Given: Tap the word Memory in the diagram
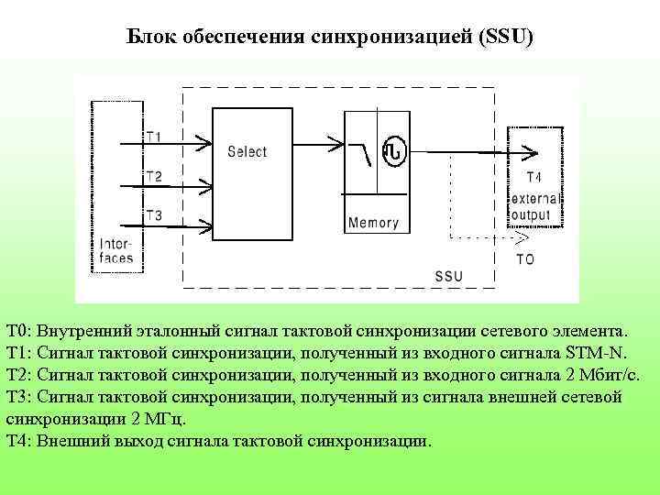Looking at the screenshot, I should pos(373,223).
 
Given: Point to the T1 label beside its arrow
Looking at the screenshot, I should pos(154,137).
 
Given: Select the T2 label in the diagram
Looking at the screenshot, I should pos(154,176).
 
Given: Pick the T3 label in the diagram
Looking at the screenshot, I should pos(154,215).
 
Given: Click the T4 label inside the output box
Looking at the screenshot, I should pos(533,177).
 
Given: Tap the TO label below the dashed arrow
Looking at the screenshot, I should pos(525,259).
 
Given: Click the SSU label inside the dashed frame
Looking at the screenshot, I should pos(449,276).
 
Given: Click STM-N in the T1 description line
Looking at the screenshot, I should pos(595,355).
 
